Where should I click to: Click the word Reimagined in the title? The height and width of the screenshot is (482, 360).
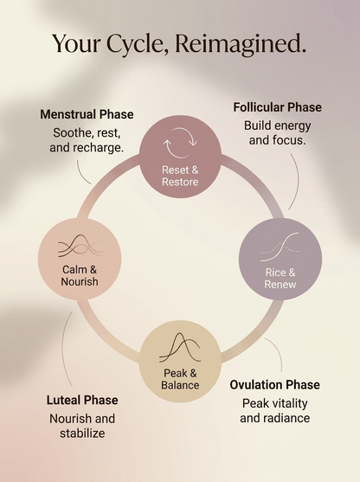(241, 44)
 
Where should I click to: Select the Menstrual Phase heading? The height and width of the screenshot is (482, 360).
(87, 114)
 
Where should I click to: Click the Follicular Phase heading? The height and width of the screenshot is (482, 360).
(277, 107)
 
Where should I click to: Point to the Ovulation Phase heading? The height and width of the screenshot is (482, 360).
(275, 385)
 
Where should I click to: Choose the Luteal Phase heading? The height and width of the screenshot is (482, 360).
(82, 401)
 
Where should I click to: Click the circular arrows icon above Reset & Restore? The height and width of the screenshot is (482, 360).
(180, 143)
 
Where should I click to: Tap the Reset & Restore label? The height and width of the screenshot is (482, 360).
(180, 176)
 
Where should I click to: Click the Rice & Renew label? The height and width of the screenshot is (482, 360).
(280, 278)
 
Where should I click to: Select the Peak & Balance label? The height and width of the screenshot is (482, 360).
(180, 379)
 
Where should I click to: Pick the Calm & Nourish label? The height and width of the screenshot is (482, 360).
(80, 275)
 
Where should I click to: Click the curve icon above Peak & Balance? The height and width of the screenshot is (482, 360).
(180, 347)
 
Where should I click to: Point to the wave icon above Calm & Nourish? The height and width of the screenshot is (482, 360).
(80, 246)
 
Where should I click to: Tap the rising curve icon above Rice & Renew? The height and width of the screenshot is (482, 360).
(280, 247)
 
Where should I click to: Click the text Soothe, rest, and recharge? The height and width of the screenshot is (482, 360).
(87, 140)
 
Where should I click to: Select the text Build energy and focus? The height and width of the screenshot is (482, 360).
(277, 132)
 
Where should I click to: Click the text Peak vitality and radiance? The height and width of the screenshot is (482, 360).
(275, 411)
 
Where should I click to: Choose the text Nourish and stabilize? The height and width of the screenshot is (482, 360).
(82, 426)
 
